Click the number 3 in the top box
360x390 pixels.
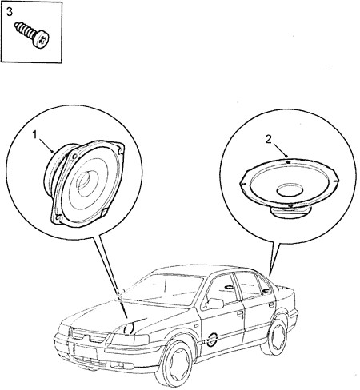(x=10, y=12)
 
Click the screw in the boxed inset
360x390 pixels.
(x=33, y=35)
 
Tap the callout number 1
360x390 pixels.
(x=34, y=135)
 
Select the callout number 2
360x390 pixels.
(x=268, y=139)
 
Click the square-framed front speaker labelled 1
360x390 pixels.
(x=84, y=183)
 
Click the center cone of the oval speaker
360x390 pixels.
(x=290, y=189)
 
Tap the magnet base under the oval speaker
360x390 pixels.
(x=290, y=212)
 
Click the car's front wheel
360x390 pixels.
(x=176, y=364)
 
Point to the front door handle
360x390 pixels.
(x=240, y=313)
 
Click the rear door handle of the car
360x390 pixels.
(x=271, y=305)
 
